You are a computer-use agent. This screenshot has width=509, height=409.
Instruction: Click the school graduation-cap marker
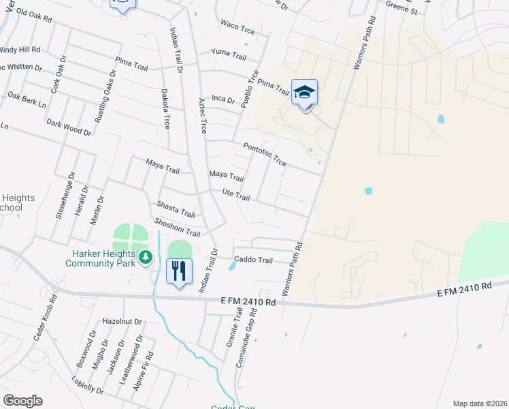point(304,92)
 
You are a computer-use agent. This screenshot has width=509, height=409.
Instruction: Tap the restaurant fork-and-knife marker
point(179,271)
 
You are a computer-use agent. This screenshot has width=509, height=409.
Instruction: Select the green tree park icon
point(145,257)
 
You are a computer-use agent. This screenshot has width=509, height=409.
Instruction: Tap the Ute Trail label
point(237,196)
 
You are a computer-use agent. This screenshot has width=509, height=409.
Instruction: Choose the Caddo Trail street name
point(253,260)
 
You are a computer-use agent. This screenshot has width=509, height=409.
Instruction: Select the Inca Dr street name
point(223,100)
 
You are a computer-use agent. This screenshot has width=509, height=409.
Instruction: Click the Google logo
point(22,401)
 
